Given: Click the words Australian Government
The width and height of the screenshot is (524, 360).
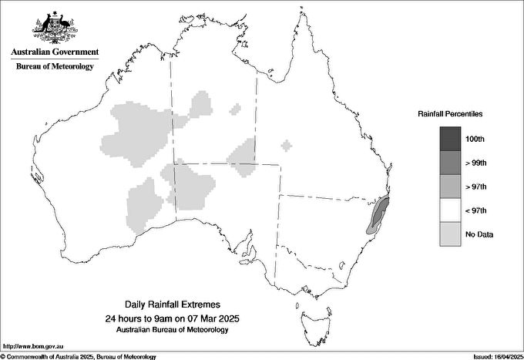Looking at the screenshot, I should [55, 52].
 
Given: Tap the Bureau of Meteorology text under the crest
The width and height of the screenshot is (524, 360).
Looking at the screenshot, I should [55, 67].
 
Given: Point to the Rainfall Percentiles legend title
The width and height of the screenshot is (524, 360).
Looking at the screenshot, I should [450, 113].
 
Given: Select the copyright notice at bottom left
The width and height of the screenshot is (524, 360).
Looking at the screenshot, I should [79, 356].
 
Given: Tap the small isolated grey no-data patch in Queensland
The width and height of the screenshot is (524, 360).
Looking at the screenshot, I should [287, 145].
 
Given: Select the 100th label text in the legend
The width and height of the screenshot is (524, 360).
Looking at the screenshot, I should [475, 139].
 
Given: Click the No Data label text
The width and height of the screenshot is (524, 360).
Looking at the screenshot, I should [479, 234].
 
